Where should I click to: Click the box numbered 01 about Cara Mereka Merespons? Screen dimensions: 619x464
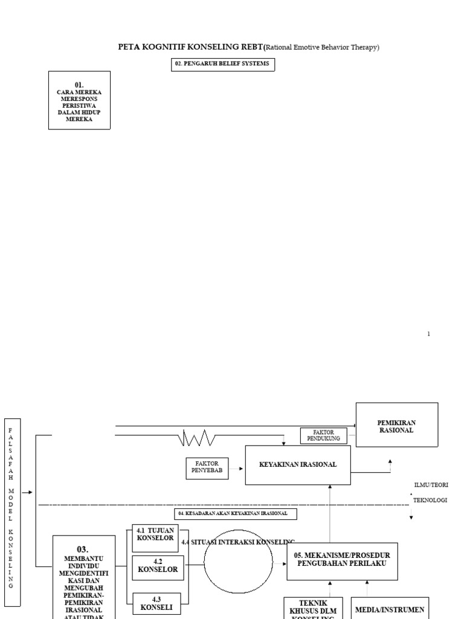[x=79, y=100]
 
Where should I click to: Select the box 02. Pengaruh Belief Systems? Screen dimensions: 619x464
[x=223, y=65]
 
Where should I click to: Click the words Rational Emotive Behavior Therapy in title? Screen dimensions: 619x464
[x=322, y=47]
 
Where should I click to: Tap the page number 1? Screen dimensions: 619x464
[x=429, y=334]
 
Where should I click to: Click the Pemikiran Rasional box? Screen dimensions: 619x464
[x=396, y=425]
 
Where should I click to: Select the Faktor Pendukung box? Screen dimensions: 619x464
[x=324, y=435]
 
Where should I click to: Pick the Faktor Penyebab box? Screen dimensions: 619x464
[x=207, y=468]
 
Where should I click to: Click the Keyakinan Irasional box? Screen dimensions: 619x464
[x=297, y=465]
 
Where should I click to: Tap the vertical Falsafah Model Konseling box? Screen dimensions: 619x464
[x=12, y=511]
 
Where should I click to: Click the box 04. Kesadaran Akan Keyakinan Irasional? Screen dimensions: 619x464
[x=236, y=514]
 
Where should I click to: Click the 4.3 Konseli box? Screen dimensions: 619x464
[x=156, y=603]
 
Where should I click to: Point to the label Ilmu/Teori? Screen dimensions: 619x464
[x=431, y=485]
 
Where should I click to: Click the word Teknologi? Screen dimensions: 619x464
[x=430, y=501]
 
